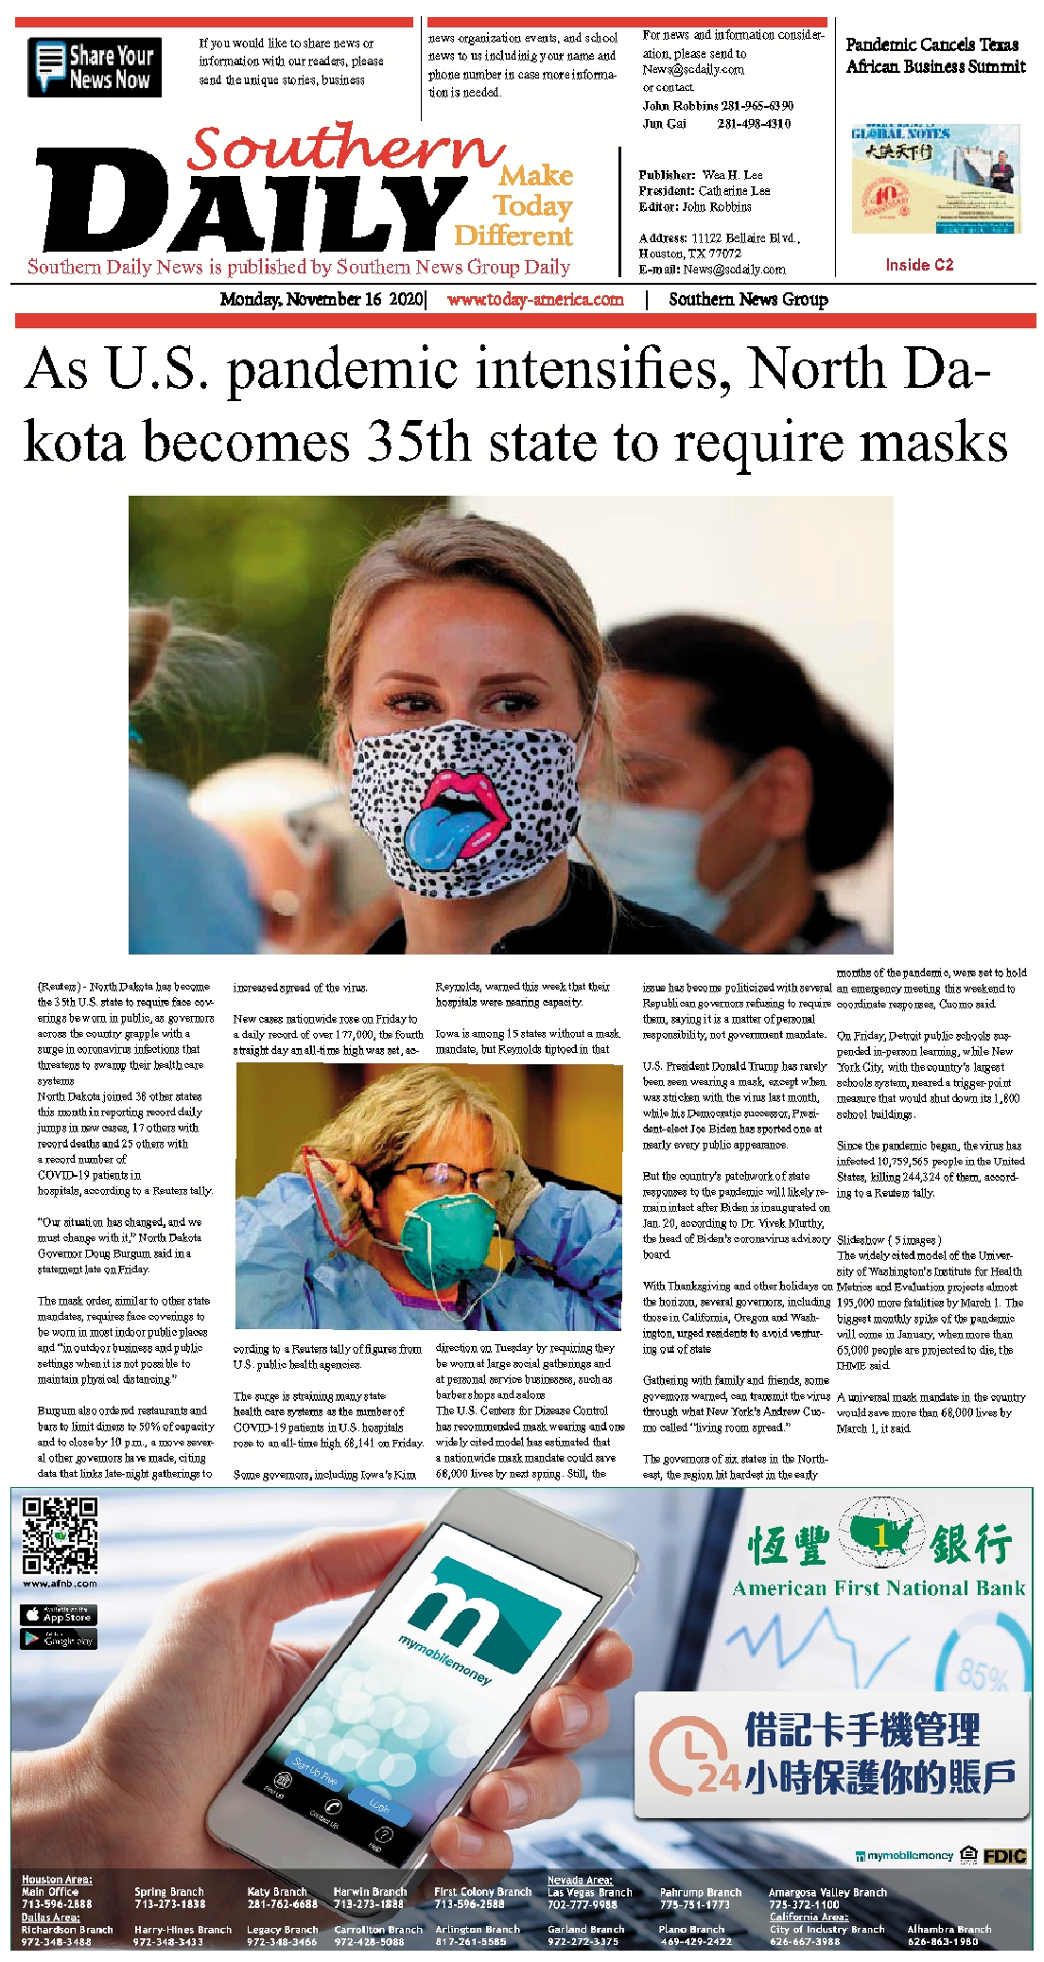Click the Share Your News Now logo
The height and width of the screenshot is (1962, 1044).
95,67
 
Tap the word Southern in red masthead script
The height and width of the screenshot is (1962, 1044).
345,149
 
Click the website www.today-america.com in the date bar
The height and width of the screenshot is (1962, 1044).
535,300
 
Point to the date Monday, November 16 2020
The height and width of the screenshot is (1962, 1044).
322,300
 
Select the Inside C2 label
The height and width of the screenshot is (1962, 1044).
919,265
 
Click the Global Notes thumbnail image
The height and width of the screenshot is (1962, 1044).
935,180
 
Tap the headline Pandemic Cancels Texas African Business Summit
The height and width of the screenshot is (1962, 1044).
934,56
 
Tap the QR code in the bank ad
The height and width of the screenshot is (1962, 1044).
60,1535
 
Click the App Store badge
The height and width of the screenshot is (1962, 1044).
59,1614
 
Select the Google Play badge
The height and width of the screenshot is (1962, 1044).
59,1638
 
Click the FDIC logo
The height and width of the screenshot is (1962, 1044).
1004,1856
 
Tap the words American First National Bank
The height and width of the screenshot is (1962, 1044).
878,1588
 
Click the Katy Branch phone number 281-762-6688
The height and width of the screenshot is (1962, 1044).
282,1903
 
